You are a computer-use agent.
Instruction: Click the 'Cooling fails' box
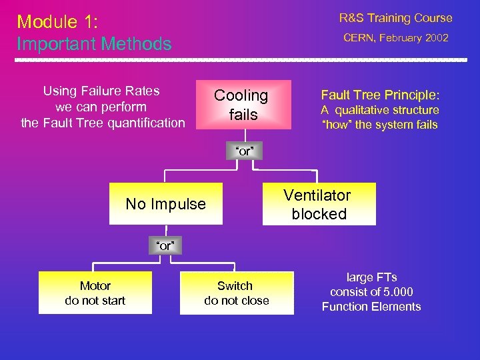click(243, 105)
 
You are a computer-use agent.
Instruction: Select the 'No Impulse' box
click(165, 204)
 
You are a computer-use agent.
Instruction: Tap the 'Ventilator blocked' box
click(319, 205)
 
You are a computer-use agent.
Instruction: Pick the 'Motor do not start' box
click(95, 293)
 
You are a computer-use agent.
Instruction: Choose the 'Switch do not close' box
click(236, 293)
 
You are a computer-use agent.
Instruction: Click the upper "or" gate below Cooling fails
click(243, 151)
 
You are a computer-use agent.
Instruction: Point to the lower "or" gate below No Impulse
click(165, 246)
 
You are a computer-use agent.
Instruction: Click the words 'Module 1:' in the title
click(57, 22)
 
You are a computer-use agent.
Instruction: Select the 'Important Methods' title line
click(94, 44)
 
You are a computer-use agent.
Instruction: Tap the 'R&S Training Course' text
click(395, 18)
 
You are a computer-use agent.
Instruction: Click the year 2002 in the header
click(436, 38)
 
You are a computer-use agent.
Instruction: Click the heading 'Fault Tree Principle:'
click(380, 95)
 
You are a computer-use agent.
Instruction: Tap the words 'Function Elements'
click(371, 307)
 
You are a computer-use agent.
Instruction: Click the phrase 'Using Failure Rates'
click(101, 91)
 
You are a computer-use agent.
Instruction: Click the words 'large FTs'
click(371, 277)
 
